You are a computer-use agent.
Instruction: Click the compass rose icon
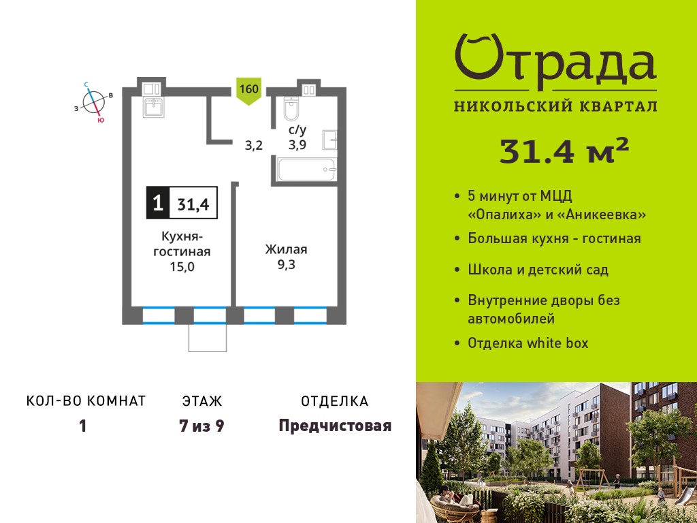(x=94, y=102)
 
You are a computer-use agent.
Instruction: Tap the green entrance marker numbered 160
(x=248, y=91)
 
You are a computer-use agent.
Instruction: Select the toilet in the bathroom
(x=291, y=109)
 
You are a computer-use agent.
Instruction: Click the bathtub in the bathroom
(x=306, y=169)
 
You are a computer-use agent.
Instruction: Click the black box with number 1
(x=158, y=203)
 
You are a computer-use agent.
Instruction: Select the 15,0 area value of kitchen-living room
(x=182, y=267)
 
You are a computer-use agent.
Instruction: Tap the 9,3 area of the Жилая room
(x=287, y=265)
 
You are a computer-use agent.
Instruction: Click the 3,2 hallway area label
(x=254, y=146)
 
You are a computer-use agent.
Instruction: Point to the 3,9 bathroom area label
(x=297, y=144)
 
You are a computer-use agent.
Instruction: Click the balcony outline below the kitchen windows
(x=208, y=338)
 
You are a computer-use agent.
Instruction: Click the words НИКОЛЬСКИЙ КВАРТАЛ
(x=555, y=106)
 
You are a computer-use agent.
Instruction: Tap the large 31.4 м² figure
(x=564, y=150)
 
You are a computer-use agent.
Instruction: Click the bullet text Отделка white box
(x=528, y=343)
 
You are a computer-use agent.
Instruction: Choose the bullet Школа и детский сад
(x=538, y=270)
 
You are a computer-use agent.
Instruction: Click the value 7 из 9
(x=201, y=426)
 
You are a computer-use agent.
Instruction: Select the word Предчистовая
(x=335, y=426)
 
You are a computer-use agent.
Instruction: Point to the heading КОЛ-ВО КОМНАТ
(x=86, y=401)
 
